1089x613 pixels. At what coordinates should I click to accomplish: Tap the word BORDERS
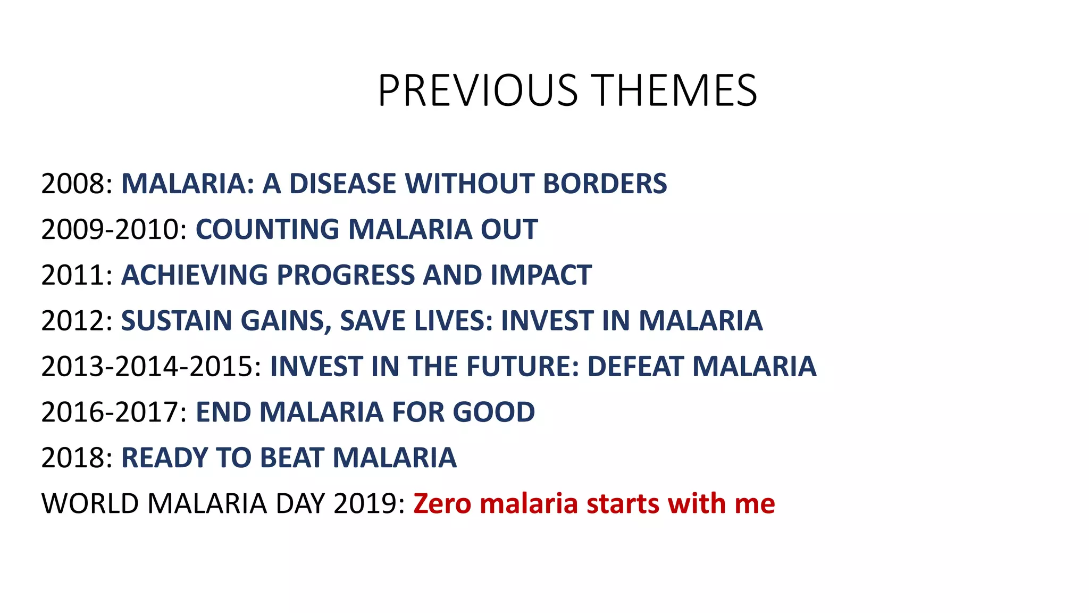(605, 184)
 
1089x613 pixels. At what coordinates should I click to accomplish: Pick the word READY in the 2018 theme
(164, 459)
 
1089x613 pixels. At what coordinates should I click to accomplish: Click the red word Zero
(442, 504)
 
